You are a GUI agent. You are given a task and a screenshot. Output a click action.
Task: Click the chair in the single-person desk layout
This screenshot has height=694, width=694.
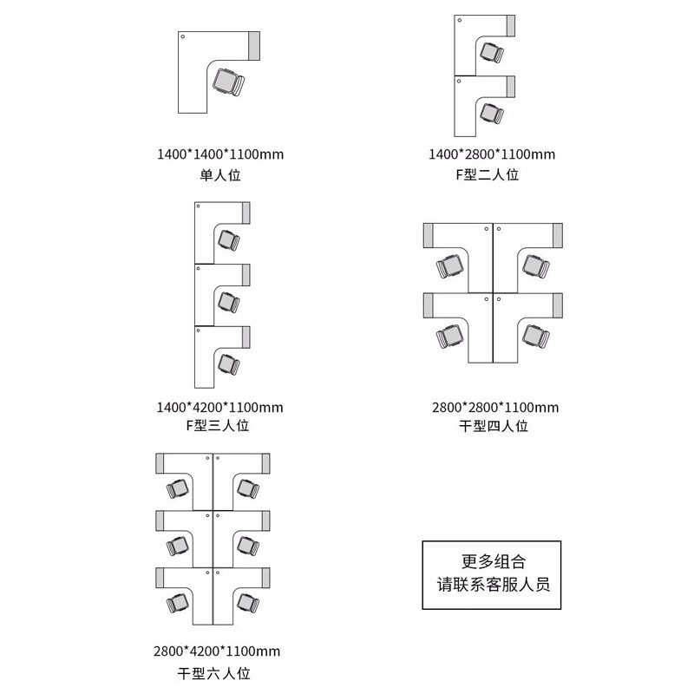tap(229, 82)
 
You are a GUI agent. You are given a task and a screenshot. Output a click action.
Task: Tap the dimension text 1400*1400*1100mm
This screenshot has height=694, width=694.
tap(220, 154)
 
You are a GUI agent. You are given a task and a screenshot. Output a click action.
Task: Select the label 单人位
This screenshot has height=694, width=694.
tap(220, 174)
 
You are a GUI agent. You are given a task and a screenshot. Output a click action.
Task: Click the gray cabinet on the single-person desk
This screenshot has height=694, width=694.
tap(255, 45)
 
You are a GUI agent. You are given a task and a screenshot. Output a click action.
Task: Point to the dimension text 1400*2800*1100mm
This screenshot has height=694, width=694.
tap(493, 154)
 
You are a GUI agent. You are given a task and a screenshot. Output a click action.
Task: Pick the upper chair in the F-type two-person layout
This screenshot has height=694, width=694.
tap(493, 52)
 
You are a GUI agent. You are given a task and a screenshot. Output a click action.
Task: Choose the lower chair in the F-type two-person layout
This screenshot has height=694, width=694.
tap(493, 113)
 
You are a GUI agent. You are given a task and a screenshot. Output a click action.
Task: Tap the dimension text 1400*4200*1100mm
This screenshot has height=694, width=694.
tap(219, 407)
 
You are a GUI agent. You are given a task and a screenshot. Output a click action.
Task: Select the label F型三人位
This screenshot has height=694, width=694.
tap(219, 426)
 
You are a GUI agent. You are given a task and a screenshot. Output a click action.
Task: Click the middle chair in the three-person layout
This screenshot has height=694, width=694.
tap(230, 301)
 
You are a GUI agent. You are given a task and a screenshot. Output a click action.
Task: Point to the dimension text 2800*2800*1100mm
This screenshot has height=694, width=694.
tap(495, 407)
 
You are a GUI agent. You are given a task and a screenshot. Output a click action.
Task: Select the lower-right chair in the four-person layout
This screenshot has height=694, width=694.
tap(534, 334)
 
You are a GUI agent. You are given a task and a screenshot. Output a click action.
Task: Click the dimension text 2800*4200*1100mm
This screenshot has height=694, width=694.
tap(217, 651)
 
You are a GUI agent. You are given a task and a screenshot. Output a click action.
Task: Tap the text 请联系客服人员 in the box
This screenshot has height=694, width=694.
tap(494, 583)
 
